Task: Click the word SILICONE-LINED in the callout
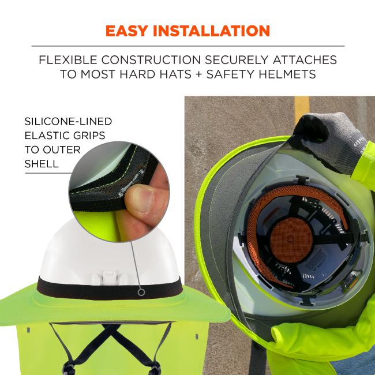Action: pyautogui.click(x=68, y=122)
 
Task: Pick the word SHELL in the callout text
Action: pyautogui.click(x=42, y=163)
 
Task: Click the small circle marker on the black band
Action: pyautogui.click(x=141, y=292)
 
